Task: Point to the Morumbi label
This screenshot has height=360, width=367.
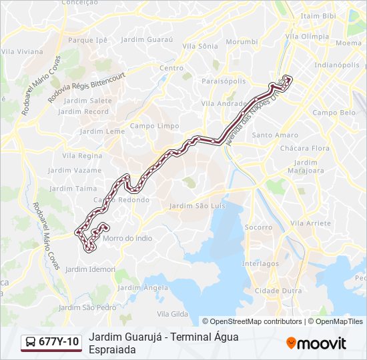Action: tap(242, 41)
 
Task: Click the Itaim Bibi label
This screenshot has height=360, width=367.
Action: tap(318, 15)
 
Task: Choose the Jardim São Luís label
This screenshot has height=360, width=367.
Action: tap(198, 206)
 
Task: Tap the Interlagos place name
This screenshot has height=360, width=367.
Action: tap(260, 263)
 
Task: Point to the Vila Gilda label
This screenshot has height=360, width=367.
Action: tap(170, 313)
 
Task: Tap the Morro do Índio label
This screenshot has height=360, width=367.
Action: tap(128, 238)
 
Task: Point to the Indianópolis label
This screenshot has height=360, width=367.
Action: tap(337, 65)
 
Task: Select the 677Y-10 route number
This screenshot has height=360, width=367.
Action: tap(59, 342)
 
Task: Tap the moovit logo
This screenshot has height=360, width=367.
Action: tap(316, 343)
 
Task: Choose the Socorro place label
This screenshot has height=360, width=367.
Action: tap(258, 227)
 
